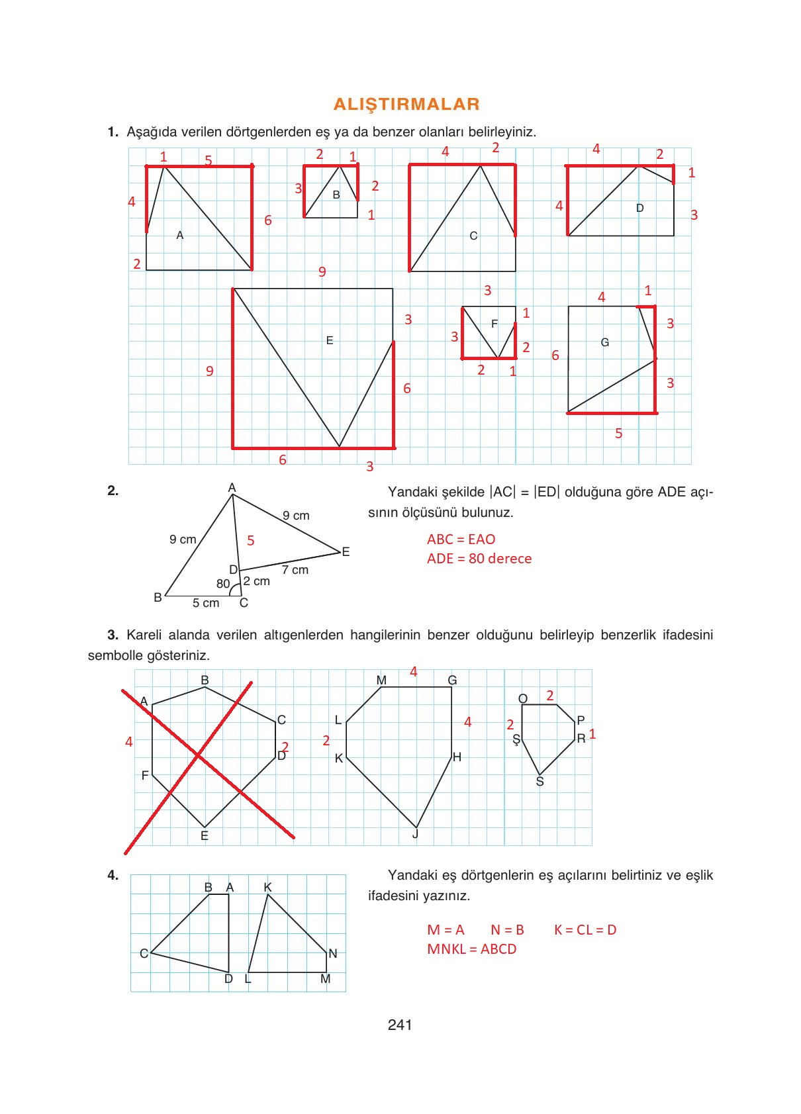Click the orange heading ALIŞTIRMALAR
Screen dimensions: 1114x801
click(x=406, y=104)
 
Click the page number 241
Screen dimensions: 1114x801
click(x=400, y=1025)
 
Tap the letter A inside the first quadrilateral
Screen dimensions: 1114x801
click(x=179, y=235)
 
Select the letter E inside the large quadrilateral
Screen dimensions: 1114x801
click(x=330, y=340)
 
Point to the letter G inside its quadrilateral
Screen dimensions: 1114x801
click(x=604, y=342)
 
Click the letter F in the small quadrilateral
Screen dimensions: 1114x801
click(x=494, y=324)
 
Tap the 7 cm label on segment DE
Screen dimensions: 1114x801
click(x=295, y=569)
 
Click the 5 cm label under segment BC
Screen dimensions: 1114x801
click(x=205, y=602)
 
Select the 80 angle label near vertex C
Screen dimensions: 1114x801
click(x=223, y=583)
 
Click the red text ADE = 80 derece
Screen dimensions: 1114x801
click(x=479, y=558)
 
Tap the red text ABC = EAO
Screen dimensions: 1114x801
click(x=461, y=539)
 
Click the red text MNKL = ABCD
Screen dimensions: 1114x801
click(x=471, y=949)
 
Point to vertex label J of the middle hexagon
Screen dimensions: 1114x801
click(x=415, y=834)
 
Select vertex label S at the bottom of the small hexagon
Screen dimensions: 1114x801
click(x=540, y=782)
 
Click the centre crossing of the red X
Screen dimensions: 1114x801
click(x=198, y=755)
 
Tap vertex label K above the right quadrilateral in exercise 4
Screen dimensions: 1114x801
click(x=267, y=887)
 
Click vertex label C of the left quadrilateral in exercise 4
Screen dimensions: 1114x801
click(x=144, y=953)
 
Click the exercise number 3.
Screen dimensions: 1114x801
click(x=113, y=635)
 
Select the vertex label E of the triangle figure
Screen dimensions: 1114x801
click(x=346, y=551)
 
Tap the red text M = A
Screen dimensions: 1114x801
click(x=446, y=929)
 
